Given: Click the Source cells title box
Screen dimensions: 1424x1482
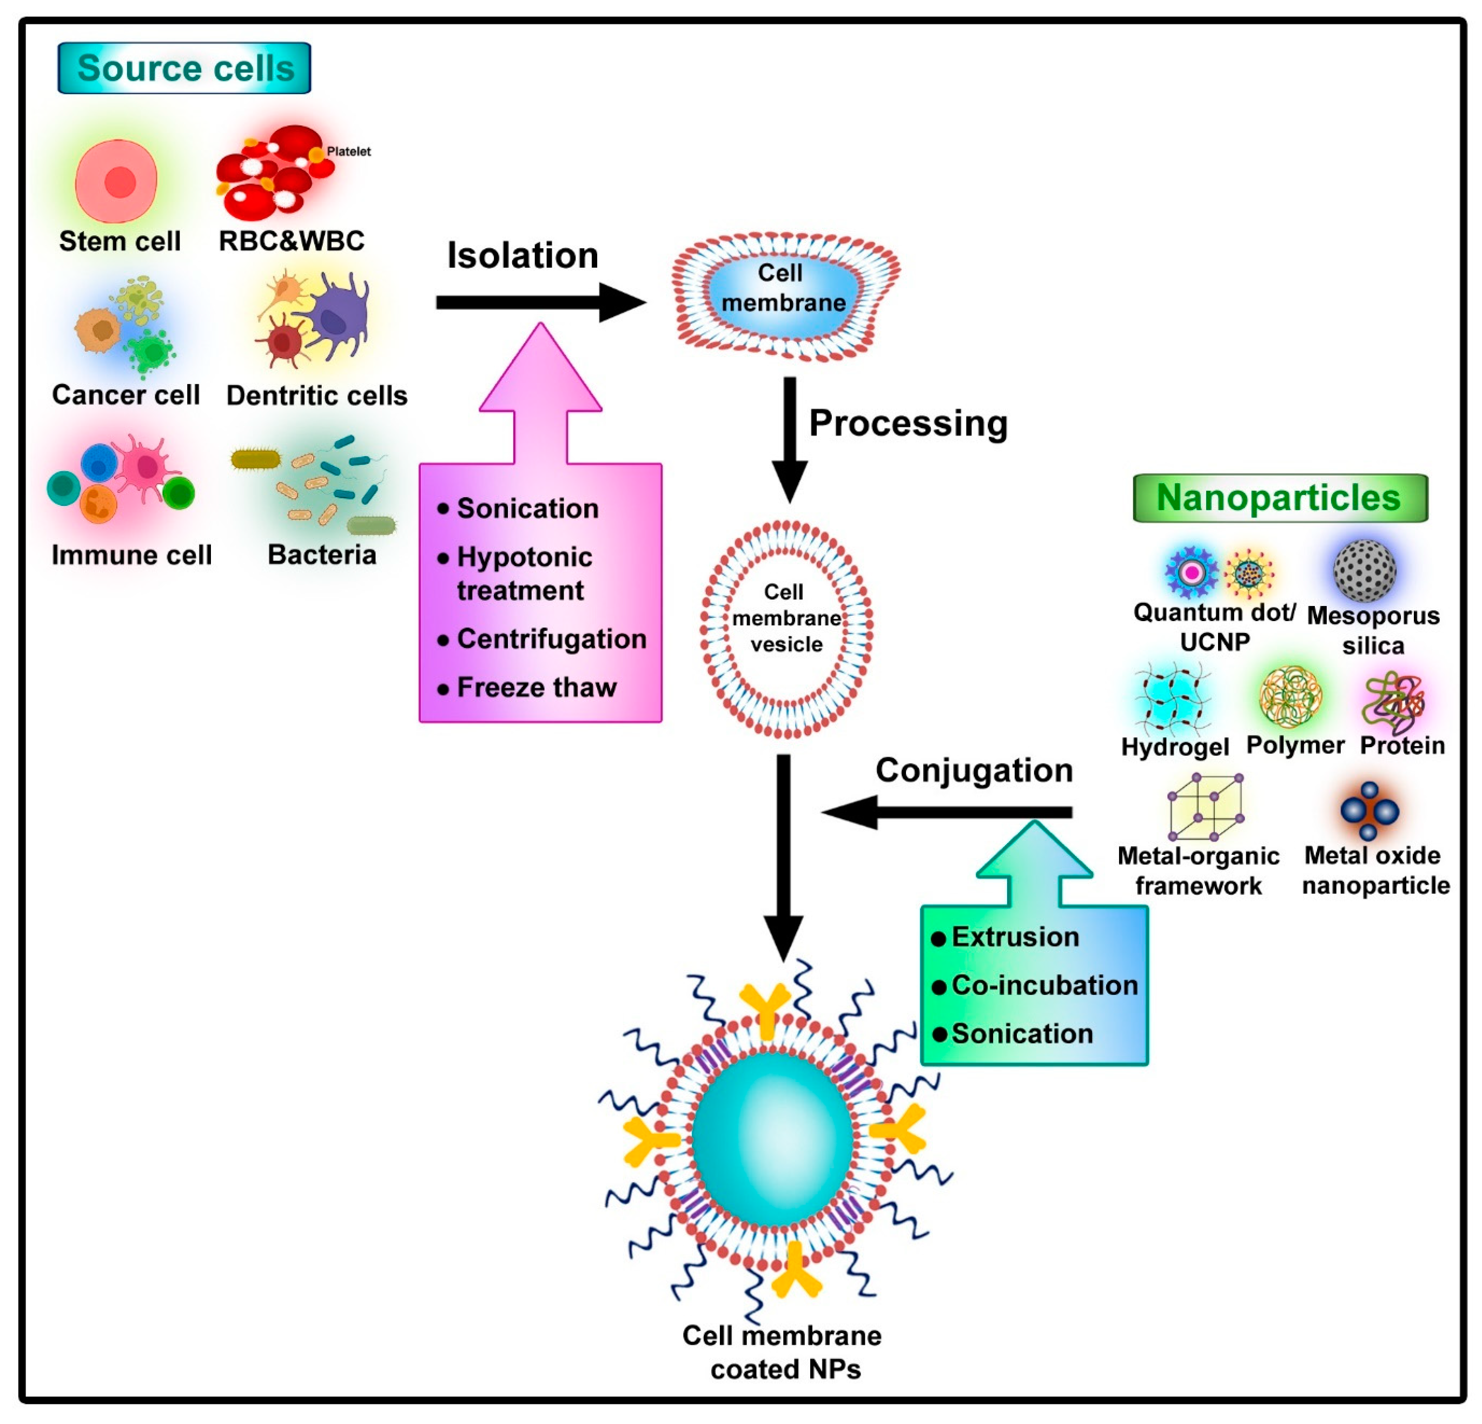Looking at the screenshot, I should coord(184,68).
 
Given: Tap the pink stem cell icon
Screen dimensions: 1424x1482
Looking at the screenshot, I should coord(116,181).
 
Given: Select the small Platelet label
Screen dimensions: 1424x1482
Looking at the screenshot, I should coord(348,151).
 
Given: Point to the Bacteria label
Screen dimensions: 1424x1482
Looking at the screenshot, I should coord(322,555).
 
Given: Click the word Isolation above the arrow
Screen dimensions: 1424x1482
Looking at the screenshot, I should coord(522,255).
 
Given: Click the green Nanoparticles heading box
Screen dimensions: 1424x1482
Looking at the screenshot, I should coord(1279,498).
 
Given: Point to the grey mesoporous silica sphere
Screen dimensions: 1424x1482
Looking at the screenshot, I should coord(1364,570).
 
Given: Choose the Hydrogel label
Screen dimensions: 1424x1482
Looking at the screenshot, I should coord(1175,747).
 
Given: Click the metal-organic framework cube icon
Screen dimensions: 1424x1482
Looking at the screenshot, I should coord(1205,807).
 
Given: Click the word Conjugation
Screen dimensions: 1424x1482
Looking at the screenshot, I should coord(974,770).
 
